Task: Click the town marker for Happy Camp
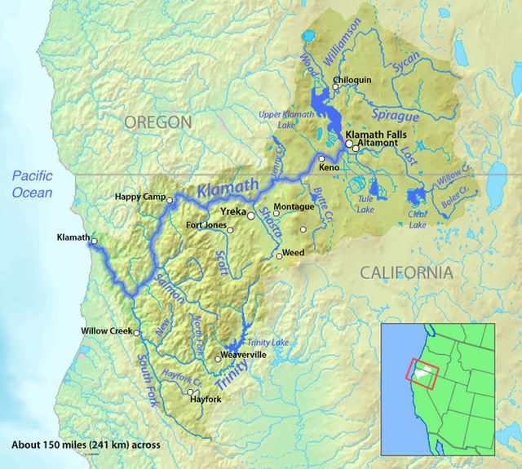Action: (x=170, y=199)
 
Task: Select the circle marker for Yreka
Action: (x=251, y=216)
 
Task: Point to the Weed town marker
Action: (x=279, y=256)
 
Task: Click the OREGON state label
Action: (x=157, y=122)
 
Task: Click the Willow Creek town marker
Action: (x=137, y=332)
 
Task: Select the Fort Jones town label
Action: (x=206, y=225)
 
